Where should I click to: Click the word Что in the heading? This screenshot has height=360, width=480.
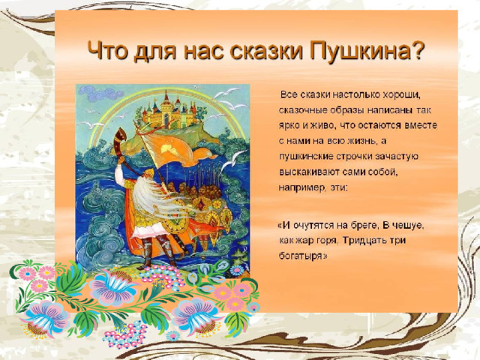click(107, 50)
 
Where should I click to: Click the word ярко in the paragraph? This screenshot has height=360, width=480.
click(288, 126)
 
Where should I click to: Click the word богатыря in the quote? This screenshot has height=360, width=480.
click(303, 256)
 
